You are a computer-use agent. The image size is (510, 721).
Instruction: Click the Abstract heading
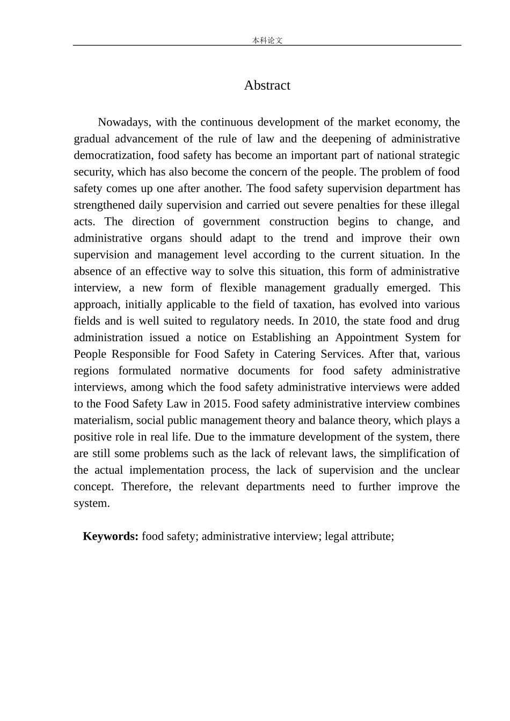(267, 85)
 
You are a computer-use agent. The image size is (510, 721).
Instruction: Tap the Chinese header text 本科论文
(267, 40)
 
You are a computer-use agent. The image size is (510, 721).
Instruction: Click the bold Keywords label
(111, 536)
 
